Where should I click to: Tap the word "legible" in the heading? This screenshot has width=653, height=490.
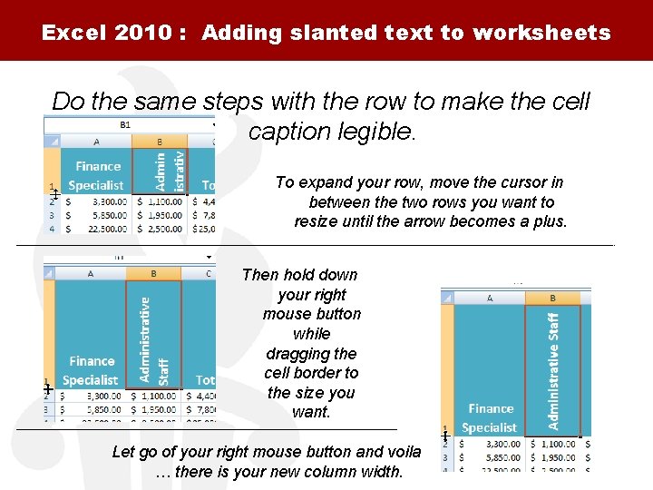point(374,132)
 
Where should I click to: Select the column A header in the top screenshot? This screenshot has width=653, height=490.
point(96,142)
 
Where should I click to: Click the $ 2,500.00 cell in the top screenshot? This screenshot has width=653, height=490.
point(161,229)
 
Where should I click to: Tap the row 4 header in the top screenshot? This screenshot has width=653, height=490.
point(52,229)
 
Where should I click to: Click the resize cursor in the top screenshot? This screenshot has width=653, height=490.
point(55,193)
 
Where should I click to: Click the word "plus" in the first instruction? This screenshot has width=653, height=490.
point(547,221)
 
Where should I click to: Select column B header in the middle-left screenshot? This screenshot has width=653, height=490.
point(153,273)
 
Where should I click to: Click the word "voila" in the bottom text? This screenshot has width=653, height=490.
point(401,452)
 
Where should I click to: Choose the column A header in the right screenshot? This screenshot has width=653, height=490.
point(490,298)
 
